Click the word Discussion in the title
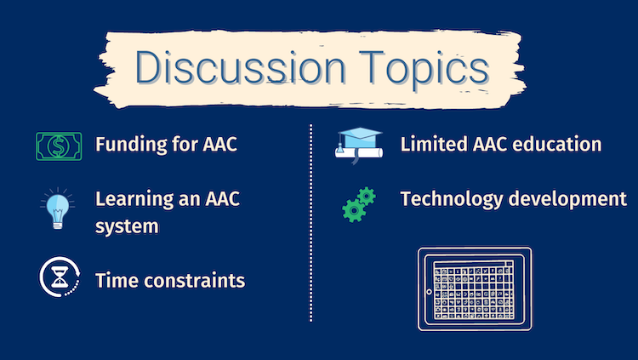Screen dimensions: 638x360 pos(241,67)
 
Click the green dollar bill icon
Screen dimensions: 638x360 pos(59,146)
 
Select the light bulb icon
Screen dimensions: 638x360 pos(57,209)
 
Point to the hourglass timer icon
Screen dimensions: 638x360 pos(60,277)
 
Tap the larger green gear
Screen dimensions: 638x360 pos(353,210)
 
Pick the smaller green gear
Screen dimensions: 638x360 pos(367,197)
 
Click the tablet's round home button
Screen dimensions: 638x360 pos(429,292)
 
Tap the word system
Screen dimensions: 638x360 pos(127,227)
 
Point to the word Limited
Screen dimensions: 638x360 pos(434,144)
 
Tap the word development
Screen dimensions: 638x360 pos(567,199)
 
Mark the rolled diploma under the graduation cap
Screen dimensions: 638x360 pos(359,153)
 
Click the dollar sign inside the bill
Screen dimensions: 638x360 pos(59,146)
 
